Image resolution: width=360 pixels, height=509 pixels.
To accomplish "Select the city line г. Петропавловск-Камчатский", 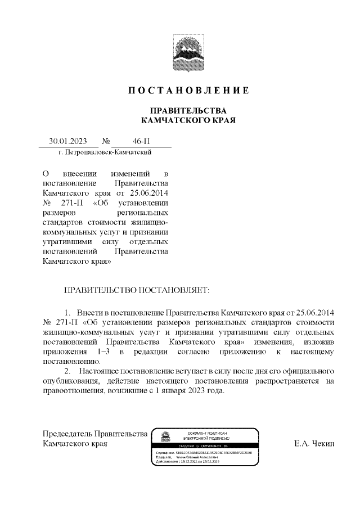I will pyautogui.click(x=105, y=152).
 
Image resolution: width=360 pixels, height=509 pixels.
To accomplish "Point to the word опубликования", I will pyautogui.click(x=70, y=382).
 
